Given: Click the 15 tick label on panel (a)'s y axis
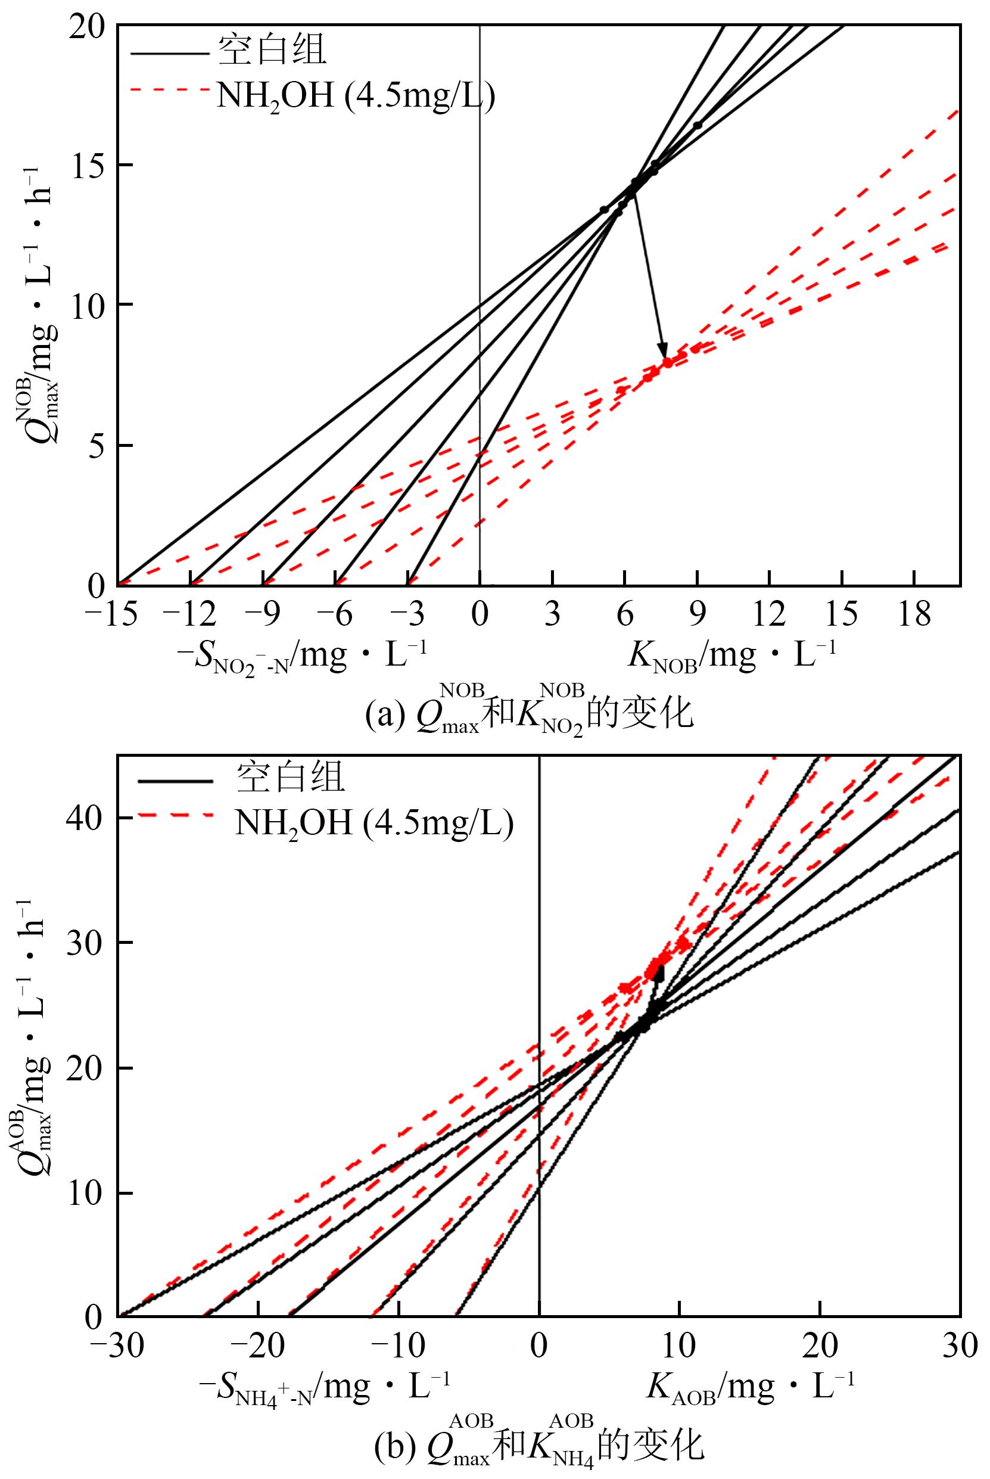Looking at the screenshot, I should pyautogui.click(x=88, y=166).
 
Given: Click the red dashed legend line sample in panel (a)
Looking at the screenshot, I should pyautogui.click(x=169, y=91).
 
